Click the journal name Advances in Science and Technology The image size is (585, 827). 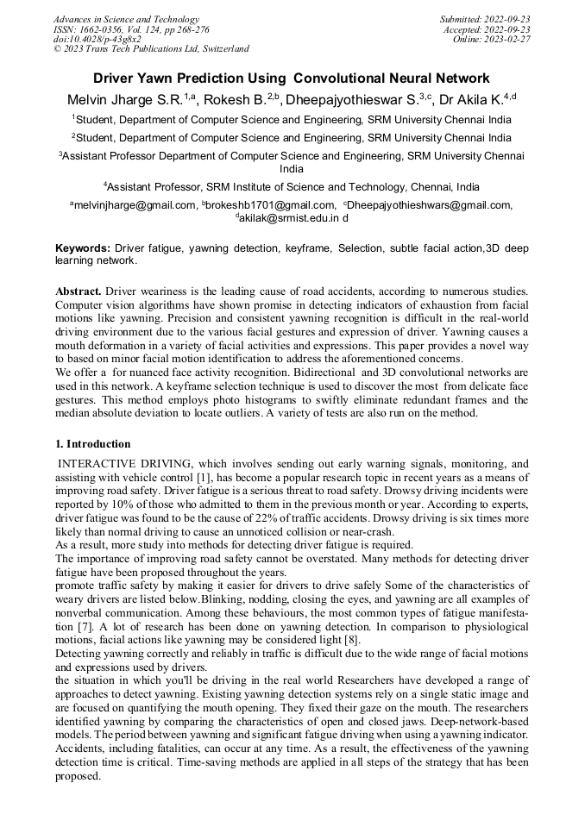click(126, 19)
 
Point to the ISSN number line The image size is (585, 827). click(130, 28)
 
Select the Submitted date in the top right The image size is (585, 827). click(485, 19)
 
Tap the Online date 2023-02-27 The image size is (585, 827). click(491, 39)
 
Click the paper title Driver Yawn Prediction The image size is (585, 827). click(292, 78)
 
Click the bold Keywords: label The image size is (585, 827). click(83, 248)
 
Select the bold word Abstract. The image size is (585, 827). click(79, 291)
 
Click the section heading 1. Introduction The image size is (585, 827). click(93, 444)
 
